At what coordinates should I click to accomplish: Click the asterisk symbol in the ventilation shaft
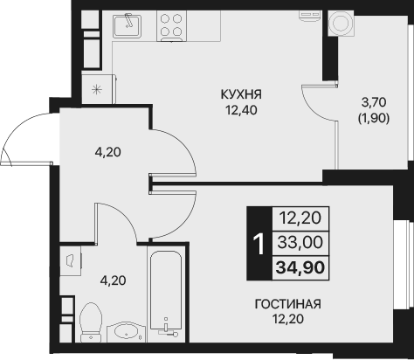[96, 88]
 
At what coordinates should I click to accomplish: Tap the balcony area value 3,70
[376, 102]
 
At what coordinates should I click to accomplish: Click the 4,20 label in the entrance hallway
[107, 151]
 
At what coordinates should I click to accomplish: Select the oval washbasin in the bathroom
[127, 332]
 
